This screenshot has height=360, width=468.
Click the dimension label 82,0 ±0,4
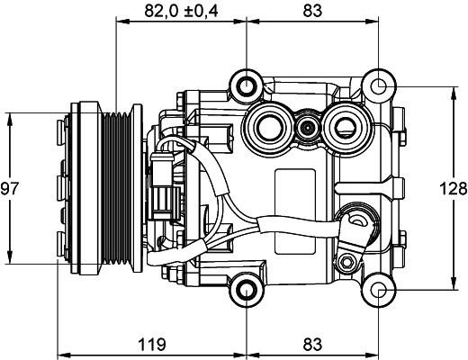181,11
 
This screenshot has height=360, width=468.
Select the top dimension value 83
312,11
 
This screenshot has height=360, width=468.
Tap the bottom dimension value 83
312,344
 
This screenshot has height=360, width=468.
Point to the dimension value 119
152,344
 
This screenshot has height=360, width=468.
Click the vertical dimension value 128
454,189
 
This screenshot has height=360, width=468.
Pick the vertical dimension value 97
10,189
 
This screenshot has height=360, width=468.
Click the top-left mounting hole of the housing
247,86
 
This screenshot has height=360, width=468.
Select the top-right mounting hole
379,86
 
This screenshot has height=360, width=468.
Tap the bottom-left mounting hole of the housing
247,290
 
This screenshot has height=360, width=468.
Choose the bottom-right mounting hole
379,290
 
